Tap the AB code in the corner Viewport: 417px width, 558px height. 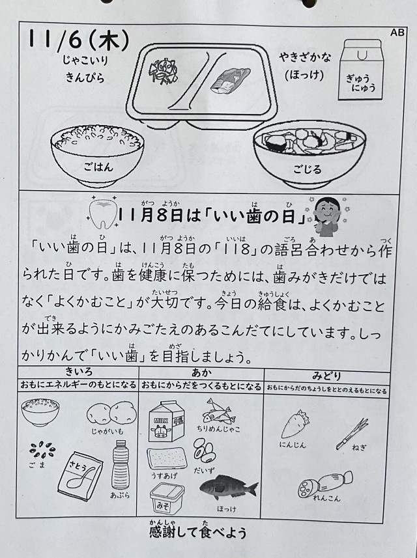(397, 33)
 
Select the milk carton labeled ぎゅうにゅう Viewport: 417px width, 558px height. (360, 70)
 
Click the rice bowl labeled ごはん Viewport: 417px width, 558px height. (97, 155)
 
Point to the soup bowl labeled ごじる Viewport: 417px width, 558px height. (309, 155)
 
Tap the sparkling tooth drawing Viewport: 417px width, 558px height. (102, 212)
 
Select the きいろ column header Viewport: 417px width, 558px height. (79, 372)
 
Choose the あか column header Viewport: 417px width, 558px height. (201, 372)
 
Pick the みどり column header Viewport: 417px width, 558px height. (326, 376)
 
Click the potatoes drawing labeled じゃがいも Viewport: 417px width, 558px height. (112, 413)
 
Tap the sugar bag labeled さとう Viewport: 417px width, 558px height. (81, 475)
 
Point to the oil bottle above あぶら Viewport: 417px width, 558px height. (121, 465)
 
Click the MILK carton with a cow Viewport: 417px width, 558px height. (166, 421)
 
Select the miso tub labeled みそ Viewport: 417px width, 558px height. (167, 498)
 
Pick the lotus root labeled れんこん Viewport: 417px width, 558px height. (325, 483)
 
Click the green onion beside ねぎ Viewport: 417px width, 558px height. (352, 434)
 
